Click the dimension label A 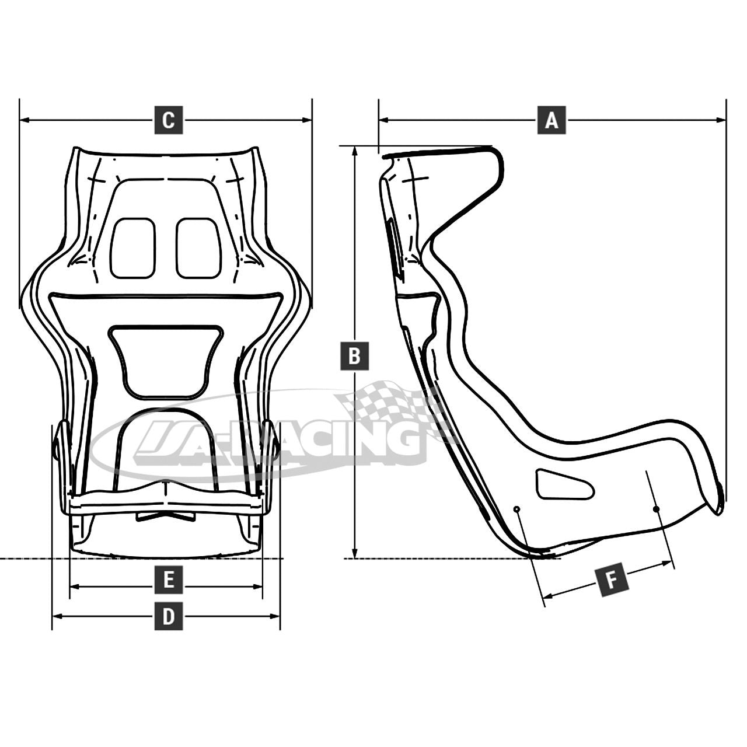pos(551,120)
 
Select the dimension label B pos(354,355)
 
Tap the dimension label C pos(168,120)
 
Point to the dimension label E pos(168,580)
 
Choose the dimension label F pos(612,580)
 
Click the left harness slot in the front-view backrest pos(133,248)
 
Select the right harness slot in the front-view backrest pos(198,248)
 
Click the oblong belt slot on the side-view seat pos(564,484)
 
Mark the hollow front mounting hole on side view pos(516,509)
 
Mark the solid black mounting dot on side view pos(656,509)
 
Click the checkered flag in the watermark pos(391,403)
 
